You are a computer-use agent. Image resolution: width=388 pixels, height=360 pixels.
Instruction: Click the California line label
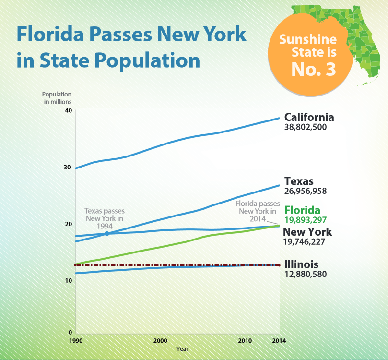(309, 118)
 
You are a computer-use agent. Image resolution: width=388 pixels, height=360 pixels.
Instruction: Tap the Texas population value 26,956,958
(306, 191)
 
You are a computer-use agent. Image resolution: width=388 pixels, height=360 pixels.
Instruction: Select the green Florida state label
(302, 210)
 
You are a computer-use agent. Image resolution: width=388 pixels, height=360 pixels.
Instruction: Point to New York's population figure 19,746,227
(304, 242)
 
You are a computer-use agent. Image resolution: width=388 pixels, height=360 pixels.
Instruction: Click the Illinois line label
(301, 264)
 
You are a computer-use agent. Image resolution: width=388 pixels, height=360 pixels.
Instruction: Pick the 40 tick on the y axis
(68, 110)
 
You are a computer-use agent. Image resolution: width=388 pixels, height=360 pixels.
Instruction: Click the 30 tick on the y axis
(68, 168)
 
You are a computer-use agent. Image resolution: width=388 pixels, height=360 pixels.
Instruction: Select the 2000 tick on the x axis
(160, 340)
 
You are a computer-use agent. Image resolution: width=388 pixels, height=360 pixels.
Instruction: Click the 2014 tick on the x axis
(279, 340)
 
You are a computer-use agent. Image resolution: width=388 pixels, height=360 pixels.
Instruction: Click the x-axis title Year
(182, 348)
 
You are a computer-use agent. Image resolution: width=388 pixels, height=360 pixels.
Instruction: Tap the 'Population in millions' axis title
(57, 98)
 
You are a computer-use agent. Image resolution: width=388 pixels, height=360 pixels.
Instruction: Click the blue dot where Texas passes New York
(106, 233)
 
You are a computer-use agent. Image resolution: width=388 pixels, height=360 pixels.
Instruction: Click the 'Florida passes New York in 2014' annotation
(256, 211)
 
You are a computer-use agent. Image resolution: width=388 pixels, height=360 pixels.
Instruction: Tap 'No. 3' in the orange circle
(314, 69)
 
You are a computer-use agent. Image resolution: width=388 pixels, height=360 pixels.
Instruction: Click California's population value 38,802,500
(306, 128)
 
